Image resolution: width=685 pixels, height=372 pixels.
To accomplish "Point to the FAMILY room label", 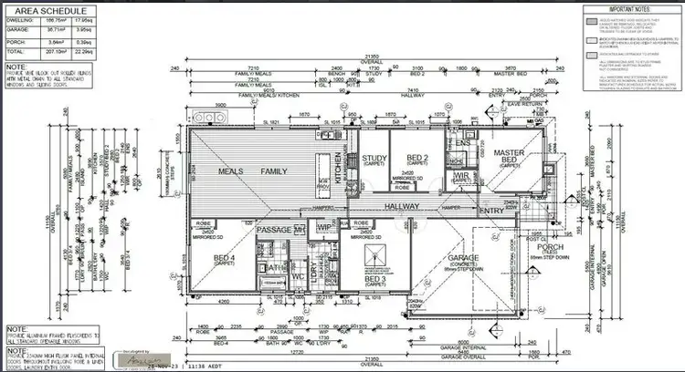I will tap(274, 170).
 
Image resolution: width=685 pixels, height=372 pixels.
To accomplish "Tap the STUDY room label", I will tap(374, 160).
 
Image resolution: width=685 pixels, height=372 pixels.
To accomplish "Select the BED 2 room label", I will tap(417, 160).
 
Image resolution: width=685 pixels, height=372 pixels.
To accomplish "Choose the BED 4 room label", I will tap(226, 258).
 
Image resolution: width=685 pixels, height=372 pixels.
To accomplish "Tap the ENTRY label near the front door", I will tap(491, 212).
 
